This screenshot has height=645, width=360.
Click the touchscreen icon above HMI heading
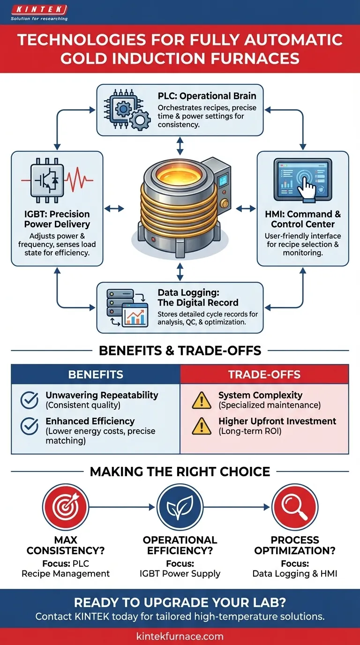tap(302, 180)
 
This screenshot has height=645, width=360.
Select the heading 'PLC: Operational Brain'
tap(207, 96)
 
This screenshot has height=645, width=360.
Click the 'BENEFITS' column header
tap(96, 375)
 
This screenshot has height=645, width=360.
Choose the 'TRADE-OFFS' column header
tap(264, 375)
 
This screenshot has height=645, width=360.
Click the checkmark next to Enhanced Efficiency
tap(30, 426)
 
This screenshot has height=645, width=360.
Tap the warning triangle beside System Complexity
tap(202, 399)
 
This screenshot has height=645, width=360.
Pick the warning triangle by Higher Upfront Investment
tap(202, 426)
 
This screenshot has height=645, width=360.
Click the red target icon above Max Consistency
tap(65, 507)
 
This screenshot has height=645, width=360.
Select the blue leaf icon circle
tap(180, 507)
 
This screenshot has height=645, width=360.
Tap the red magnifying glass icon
tap(295, 507)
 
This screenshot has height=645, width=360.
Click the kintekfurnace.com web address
tap(180, 637)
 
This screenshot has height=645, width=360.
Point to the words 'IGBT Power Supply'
tap(180, 573)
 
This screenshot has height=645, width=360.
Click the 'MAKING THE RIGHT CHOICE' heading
tap(180, 472)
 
